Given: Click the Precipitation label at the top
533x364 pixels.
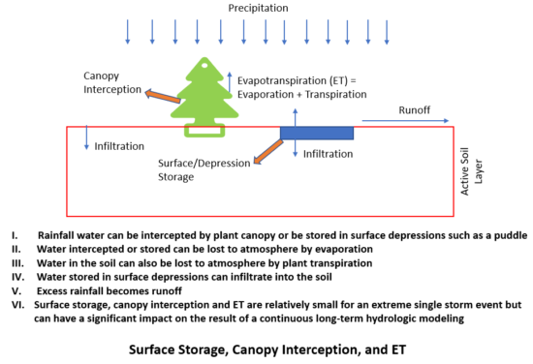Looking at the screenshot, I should pyautogui.click(x=258, y=8).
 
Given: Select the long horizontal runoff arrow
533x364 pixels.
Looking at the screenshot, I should pyautogui.click(x=407, y=123).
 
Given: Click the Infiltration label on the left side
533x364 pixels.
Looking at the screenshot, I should pyautogui.click(x=119, y=146).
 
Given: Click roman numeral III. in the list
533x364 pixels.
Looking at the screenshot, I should pyautogui.click(x=16, y=261).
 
